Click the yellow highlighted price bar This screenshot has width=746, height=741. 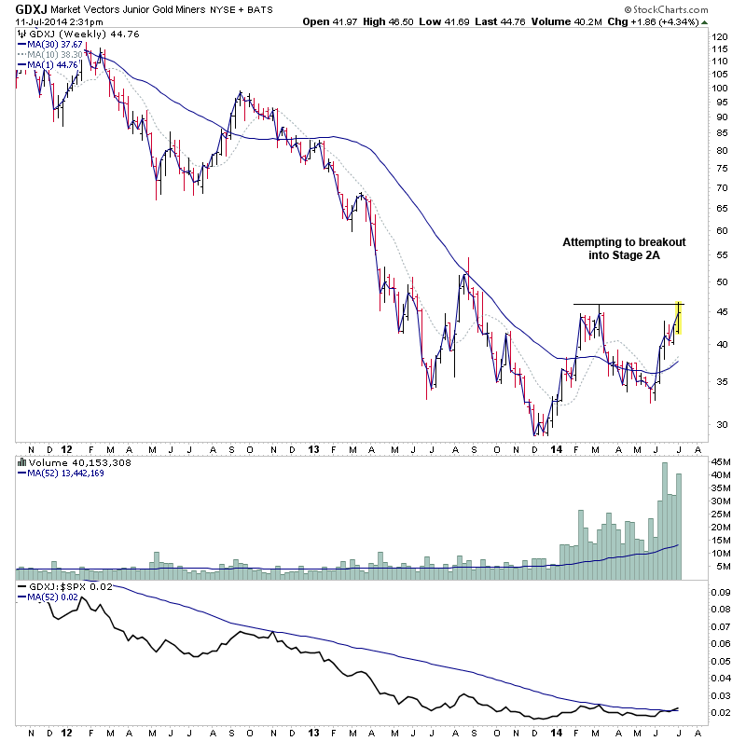(680, 318)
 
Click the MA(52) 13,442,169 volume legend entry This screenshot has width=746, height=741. (65, 472)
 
